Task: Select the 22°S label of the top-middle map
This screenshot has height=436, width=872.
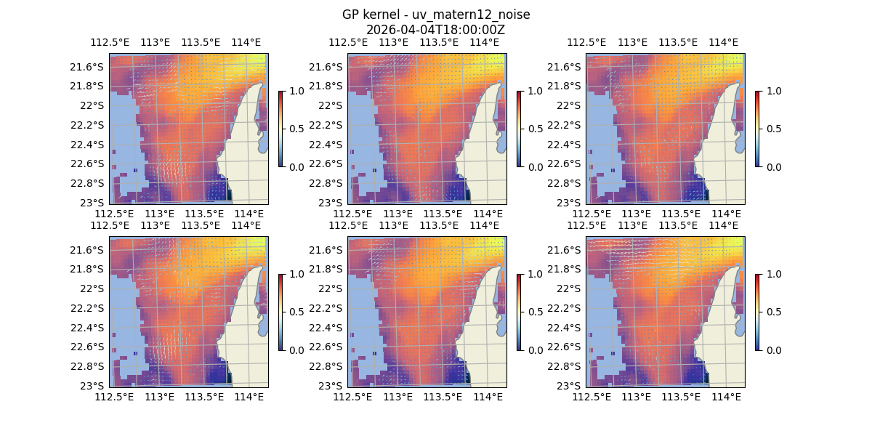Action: coord(331,105)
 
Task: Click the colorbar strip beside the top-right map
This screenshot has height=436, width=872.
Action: coord(757,129)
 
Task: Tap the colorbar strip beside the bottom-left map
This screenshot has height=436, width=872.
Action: coord(280,312)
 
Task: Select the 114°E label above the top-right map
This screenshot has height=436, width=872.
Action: coord(723,42)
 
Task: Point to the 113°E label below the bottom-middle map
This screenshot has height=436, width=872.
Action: coord(397,397)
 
